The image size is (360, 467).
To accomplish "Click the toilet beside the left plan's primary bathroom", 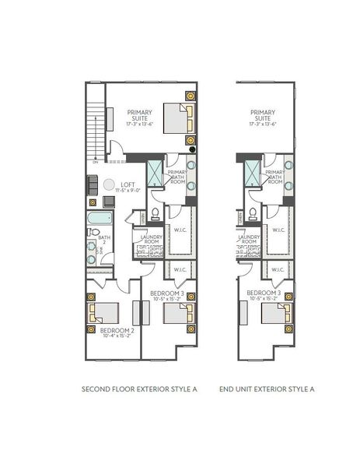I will coord(156,212).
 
